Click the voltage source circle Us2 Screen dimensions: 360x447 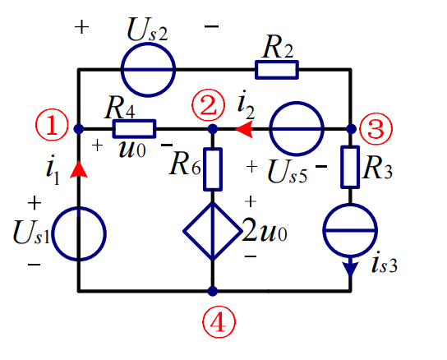click(149, 71)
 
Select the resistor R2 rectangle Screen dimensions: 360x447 click(275, 71)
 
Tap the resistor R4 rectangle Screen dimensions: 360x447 click(134, 129)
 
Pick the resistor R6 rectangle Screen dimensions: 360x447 click(212, 168)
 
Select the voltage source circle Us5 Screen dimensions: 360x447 click(296, 129)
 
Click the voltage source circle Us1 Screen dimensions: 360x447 click(79, 233)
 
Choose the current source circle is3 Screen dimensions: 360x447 click(351, 231)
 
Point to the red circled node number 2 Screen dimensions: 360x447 click(206, 104)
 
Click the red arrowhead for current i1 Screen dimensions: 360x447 click(79, 169)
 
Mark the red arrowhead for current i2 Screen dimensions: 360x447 click(244, 129)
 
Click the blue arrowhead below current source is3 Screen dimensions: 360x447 click(351, 267)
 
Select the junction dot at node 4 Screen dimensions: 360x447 click(212, 291)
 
